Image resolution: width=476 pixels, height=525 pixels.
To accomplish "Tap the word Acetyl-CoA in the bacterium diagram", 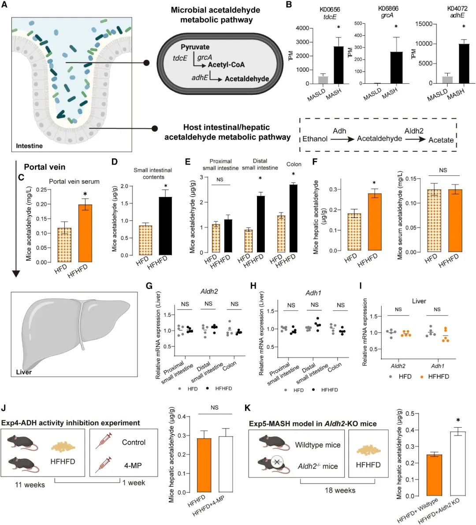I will click(x=226, y=65).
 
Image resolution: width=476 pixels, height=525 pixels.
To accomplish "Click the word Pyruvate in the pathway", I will click(x=195, y=47).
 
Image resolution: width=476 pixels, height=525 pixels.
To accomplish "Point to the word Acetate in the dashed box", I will click(x=441, y=140).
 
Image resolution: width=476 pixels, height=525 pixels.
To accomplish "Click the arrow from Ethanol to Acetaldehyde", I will click(x=342, y=139).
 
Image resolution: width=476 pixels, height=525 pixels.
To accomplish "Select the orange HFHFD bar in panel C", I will click(x=85, y=233).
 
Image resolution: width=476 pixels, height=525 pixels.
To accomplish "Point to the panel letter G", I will click(x=149, y=286).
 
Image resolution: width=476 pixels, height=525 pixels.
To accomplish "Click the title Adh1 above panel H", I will click(x=313, y=293).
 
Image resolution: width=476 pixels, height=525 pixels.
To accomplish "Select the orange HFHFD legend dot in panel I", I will click(x=422, y=377).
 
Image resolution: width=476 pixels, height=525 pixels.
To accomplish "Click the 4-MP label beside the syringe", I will click(x=133, y=465).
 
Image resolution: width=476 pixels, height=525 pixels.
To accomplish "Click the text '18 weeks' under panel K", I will click(x=340, y=491).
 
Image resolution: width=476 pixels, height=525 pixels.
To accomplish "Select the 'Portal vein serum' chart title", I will click(x=74, y=181).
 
